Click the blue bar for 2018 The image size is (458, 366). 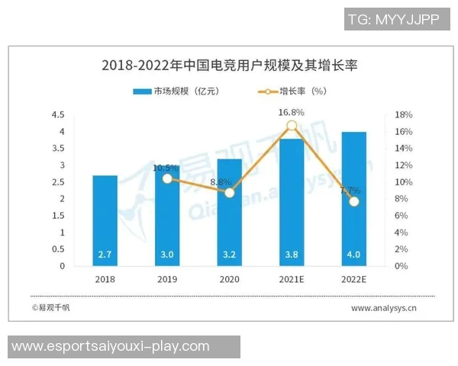pyautogui.click(x=105, y=221)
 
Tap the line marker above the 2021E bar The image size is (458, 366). pyautogui.click(x=292, y=126)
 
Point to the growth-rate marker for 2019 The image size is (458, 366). pyautogui.click(x=168, y=178)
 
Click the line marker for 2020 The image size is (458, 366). pyautogui.click(x=230, y=192)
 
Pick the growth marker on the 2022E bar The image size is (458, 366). pyautogui.click(x=353, y=201)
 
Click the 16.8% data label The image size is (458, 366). pyautogui.click(x=292, y=112)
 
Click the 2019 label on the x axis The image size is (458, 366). pyautogui.click(x=167, y=280)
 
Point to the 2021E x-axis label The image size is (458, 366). pyautogui.click(x=292, y=280)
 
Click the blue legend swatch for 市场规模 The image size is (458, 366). pyautogui.click(x=142, y=91)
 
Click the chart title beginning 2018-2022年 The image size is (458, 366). pyautogui.click(x=230, y=66)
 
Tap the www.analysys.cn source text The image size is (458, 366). pyautogui.click(x=383, y=309)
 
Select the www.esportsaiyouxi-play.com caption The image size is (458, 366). pyautogui.click(x=111, y=346)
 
